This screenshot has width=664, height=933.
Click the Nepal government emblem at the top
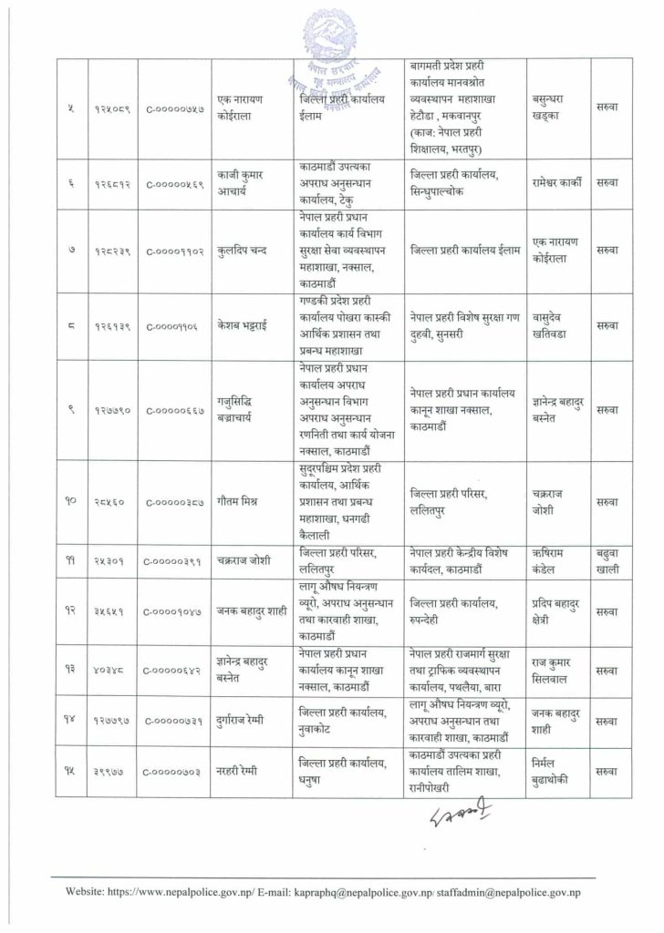coord(331,36)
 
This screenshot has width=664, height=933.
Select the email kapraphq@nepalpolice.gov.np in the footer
coord(360,893)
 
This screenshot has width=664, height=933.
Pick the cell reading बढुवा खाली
coord(607,560)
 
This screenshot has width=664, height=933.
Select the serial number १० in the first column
coord(67,500)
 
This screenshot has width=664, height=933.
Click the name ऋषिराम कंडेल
coord(555,560)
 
